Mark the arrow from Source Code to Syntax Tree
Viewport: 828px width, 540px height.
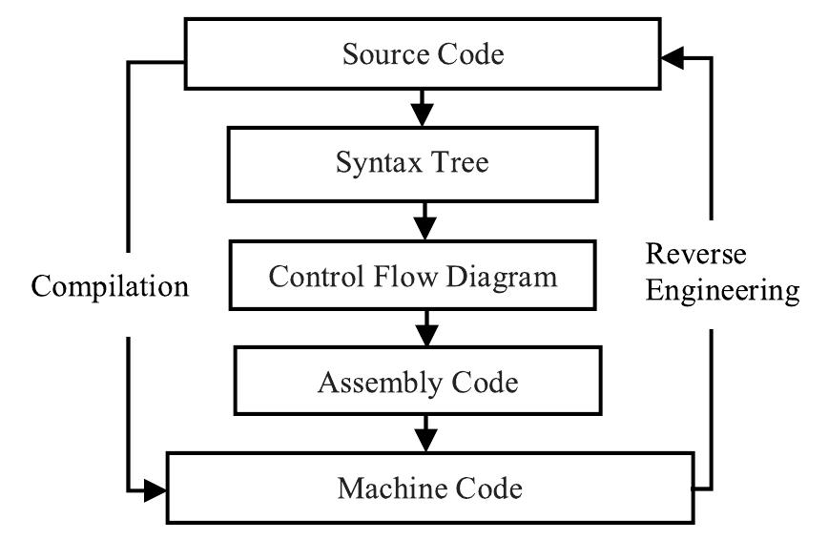point(421,107)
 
